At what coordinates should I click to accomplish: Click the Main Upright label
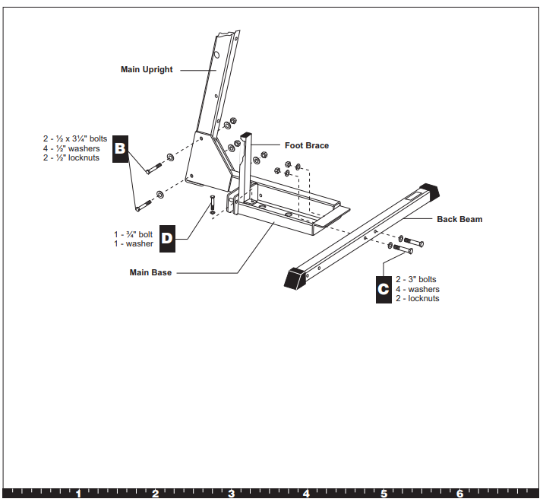click(x=147, y=70)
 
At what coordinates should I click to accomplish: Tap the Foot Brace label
click(x=307, y=145)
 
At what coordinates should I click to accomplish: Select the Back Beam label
click(x=459, y=219)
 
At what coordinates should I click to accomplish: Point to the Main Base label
click(x=150, y=272)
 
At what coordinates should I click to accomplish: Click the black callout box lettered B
click(x=120, y=148)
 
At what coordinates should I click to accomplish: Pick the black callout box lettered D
click(x=167, y=239)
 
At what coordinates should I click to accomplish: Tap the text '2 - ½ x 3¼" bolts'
click(x=74, y=138)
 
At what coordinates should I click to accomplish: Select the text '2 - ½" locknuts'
click(x=71, y=158)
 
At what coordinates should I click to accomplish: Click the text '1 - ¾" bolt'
click(x=134, y=234)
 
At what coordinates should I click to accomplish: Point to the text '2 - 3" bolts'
click(x=416, y=279)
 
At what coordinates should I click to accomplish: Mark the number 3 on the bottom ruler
click(x=232, y=494)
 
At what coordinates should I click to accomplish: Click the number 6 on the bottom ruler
click(x=460, y=494)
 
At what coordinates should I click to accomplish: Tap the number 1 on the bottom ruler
click(x=78, y=494)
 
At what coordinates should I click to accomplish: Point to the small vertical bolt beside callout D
click(x=212, y=205)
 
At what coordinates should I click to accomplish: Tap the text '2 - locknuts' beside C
click(x=417, y=299)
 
